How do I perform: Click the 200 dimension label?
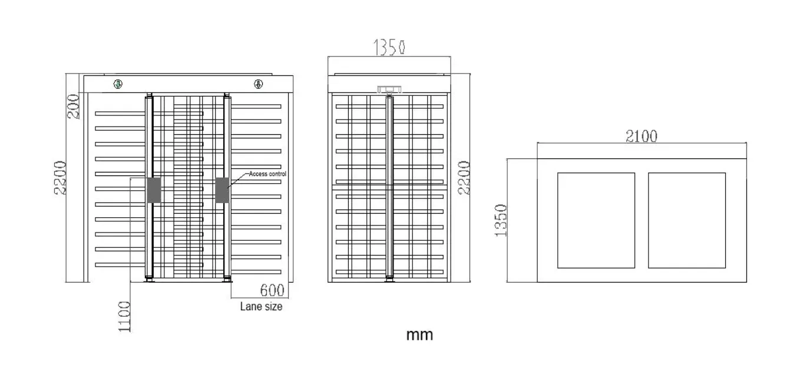click(74, 106)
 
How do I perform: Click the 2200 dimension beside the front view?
click(61, 178)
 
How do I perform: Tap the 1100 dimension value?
click(124, 317)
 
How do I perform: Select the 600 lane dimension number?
click(272, 290)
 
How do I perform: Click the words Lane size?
click(261, 307)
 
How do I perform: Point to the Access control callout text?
click(267, 174)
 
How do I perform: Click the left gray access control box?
click(154, 190)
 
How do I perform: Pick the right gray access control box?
click(223, 190)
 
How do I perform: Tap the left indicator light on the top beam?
click(118, 84)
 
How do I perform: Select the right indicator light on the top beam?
click(258, 84)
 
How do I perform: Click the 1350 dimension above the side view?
click(389, 47)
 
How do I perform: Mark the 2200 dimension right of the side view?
click(464, 178)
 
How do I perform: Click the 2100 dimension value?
click(642, 136)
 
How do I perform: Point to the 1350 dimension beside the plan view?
click(501, 220)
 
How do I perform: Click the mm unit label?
click(419, 335)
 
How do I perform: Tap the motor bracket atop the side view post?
click(389, 89)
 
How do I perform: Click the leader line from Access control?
click(238, 180)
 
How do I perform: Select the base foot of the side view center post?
click(389, 279)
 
